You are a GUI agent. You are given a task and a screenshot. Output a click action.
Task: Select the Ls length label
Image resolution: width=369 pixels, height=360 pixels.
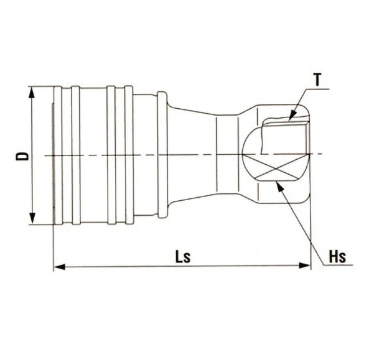click(x=182, y=257)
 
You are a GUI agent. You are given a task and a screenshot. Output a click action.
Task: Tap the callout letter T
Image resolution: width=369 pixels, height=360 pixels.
click(x=317, y=79)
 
